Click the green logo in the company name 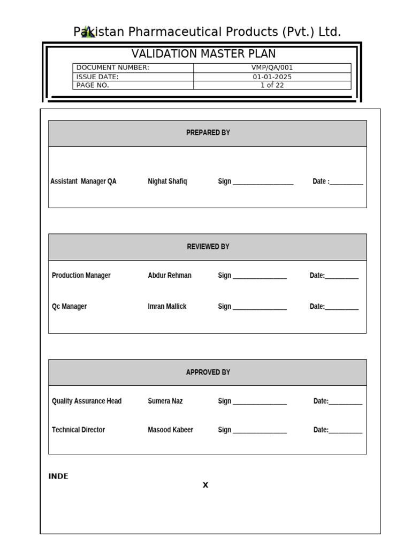(x=88, y=32)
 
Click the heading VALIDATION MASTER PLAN (x=204, y=54)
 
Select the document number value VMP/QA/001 (x=272, y=67)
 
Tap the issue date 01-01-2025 (x=272, y=77)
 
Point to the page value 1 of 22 (x=272, y=85)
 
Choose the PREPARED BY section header (x=208, y=133)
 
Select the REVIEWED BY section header (x=208, y=247)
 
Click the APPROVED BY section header (x=208, y=372)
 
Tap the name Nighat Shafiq (x=168, y=181)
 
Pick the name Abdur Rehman (x=170, y=276)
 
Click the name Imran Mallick (x=167, y=307)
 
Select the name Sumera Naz (x=165, y=401)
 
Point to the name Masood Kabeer (x=170, y=430)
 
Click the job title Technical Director (x=78, y=430)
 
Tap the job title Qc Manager (x=69, y=307)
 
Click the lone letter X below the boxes (x=205, y=485)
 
